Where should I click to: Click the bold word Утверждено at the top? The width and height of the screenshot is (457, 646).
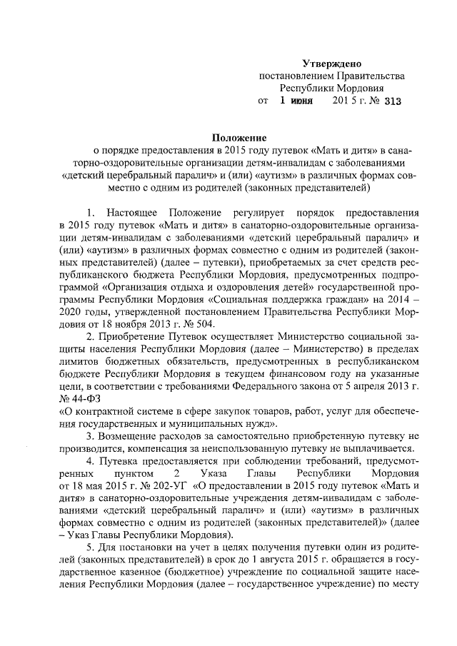[331, 64]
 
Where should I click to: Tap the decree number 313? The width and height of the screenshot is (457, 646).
[393, 101]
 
